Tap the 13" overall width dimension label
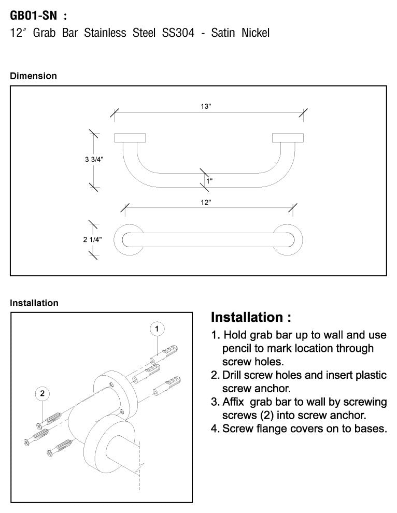pyautogui.click(x=206, y=106)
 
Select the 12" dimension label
pyautogui.click(x=206, y=203)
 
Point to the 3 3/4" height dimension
pyautogui.click(x=95, y=160)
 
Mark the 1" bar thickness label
pyautogui.click(x=209, y=181)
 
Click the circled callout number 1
pyautogui.click(x=157, y=329)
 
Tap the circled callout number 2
pyautogui.click(x=42, y=394)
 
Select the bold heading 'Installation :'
pyautogui.click(x=251, y=317)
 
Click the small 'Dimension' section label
pyautogui.click(x=34, y=76)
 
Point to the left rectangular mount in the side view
pyautogui.click(x=130, y=137)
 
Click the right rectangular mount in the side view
pyautogui.click(x=288, y=137)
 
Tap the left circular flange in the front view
pyautogui.click(x=129, y=240)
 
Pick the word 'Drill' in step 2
pyautogui.click(x=235, y=375)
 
